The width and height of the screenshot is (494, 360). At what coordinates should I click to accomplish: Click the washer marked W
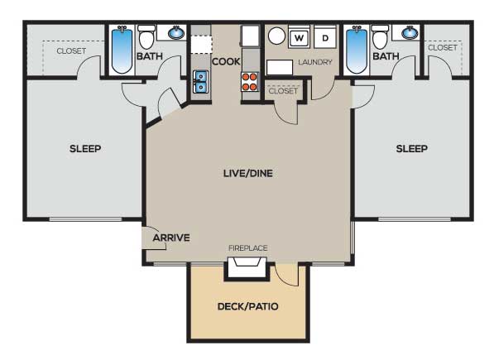coord(299,38)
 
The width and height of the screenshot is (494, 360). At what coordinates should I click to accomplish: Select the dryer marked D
coord(325,38)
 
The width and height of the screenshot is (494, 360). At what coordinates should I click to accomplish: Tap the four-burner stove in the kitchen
coord(250,82)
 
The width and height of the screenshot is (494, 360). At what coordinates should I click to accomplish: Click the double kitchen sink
coord(201,82)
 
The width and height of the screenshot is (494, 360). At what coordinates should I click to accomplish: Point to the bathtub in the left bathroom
coord(122,50)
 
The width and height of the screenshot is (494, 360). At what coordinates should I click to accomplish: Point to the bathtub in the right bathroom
coord(357,50)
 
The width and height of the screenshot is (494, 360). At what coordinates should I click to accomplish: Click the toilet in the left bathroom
coord(146,37)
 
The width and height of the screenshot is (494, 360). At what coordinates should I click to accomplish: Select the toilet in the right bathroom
coord(380,37)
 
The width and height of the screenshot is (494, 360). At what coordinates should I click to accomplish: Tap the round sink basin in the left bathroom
coord(176,32)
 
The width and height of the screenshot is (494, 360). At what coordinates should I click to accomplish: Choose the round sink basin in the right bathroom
coord(410,32)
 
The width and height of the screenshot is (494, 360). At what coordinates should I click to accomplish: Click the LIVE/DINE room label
coord(248,173)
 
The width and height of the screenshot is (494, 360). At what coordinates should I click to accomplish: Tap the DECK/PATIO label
coord(248,306)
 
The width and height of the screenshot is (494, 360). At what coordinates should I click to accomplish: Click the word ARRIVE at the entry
coord(171,238)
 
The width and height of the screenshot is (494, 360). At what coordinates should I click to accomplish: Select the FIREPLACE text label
coord(248,248)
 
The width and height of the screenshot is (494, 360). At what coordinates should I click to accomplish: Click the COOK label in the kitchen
coord(226,61)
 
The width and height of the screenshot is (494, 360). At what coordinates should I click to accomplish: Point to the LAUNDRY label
coord(315,62)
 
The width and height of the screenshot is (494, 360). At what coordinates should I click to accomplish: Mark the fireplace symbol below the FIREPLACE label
coord(247,267)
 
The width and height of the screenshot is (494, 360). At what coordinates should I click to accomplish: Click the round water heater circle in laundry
coord(276,36)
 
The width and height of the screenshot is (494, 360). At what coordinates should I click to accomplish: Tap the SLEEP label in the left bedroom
coord(85,149)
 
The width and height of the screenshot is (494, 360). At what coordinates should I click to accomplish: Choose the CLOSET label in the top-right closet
coord(443,47)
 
